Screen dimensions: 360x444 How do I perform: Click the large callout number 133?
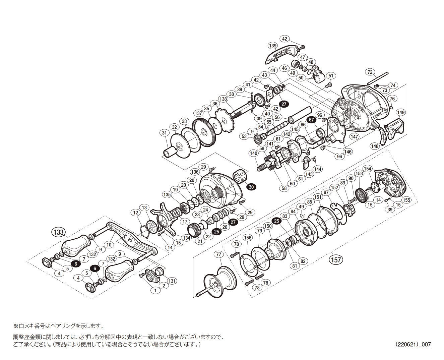click(58, 232)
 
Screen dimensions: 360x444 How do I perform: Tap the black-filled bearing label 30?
click(251, 187)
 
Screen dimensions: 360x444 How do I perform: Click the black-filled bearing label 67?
click(311, 120)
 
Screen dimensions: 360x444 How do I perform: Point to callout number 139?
click(273, 46)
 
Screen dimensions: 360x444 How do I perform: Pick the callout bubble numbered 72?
click(370, 72)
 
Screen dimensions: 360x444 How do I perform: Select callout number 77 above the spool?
click(218, 254)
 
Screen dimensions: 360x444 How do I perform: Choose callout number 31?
click(164, 133)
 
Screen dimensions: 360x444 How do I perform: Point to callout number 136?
click(195, 172)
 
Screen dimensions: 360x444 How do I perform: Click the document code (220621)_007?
click(413, 344)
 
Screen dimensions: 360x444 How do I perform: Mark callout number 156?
click(247, 238)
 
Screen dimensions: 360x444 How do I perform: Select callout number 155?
click(406, 200)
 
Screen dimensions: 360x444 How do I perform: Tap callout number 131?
click(172, 281)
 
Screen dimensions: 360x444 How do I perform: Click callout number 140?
click(253, 154)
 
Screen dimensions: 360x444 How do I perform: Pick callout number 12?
click(136, 213)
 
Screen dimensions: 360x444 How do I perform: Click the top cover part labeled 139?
click(281, 55)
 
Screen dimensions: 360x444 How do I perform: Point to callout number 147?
click(354, 136)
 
